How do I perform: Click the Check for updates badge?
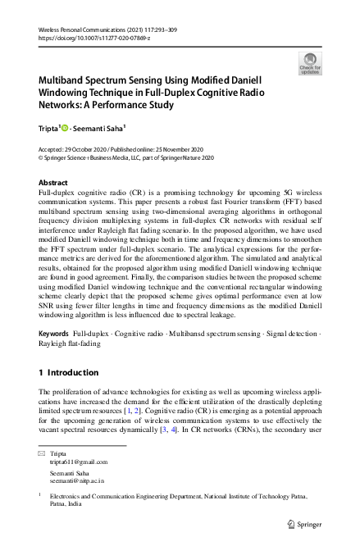coord(310,63)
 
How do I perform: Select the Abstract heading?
coord(55,183)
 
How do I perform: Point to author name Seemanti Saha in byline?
coord(103,127)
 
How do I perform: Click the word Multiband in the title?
coord(69,81)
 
